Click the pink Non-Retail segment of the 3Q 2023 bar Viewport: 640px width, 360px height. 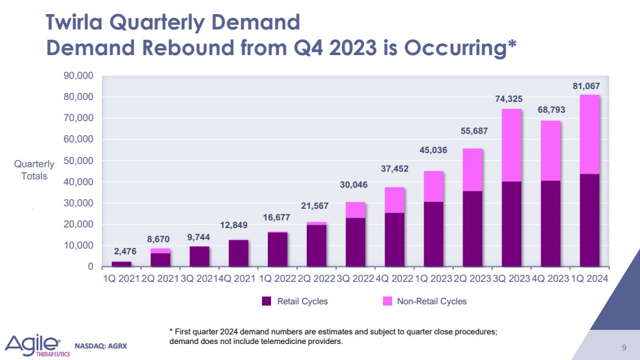pos(511,145)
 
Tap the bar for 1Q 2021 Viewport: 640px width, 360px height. pos(121,263)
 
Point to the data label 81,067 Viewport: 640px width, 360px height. pos(589,86)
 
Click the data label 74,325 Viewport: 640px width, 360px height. pos(511,99)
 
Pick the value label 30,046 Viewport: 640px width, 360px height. pos(355,185)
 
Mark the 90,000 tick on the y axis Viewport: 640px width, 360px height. pos(80,76)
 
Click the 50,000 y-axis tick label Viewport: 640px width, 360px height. pos(80,161)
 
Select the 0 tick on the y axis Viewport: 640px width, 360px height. pos(90,266)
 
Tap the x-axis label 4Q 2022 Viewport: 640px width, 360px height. pos(394,279)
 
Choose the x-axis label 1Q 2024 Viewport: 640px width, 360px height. pos(589,279)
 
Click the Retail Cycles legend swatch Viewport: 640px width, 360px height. pos(268,301)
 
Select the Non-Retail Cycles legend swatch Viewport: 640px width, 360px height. pos(388,301)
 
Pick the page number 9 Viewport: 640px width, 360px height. pos(623,348)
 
